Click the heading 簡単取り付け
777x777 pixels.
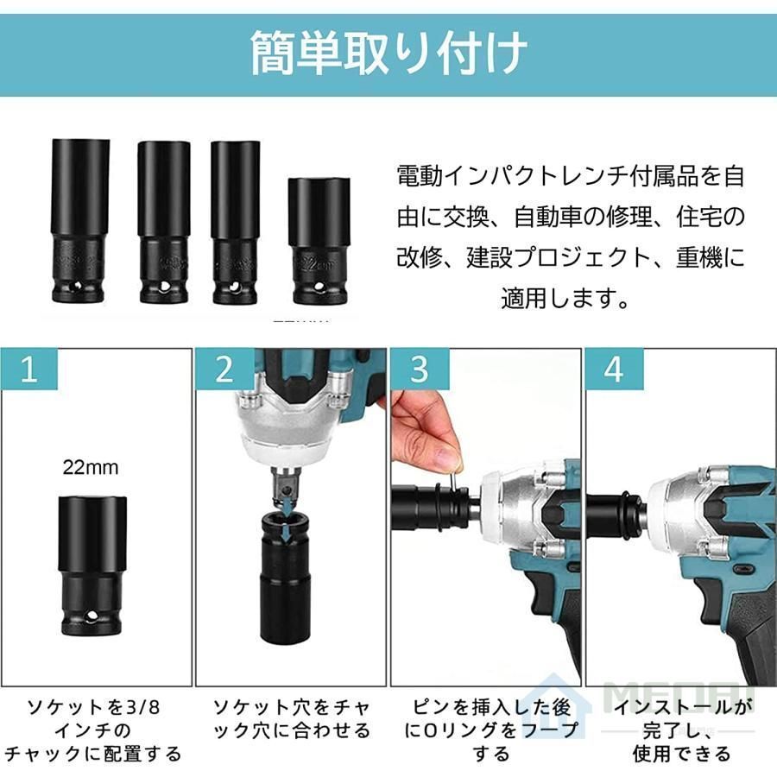pos(388,54)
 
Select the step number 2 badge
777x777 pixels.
pos(224,370)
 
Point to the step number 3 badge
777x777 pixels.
pos(419,370)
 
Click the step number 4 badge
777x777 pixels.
pos(614,370)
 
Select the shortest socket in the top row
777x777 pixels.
pos(319,241)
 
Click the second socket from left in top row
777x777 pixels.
pos(163,222)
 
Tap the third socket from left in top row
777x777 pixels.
pos(235,222)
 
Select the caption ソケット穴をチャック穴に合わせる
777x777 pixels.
pos(291,719)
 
